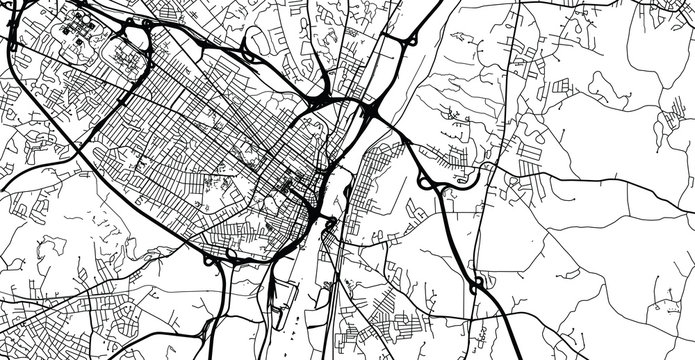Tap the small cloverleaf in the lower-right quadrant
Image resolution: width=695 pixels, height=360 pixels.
[478, 285]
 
